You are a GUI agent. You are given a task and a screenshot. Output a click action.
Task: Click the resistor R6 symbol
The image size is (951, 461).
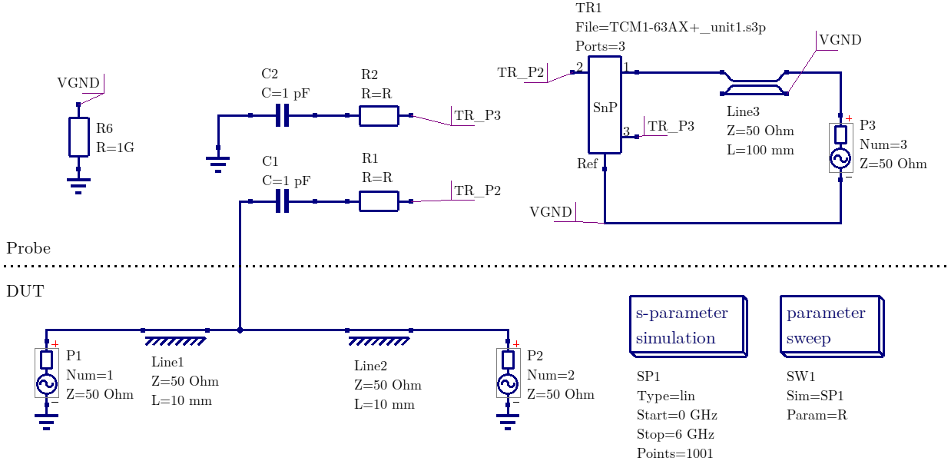click(x=78, y=136)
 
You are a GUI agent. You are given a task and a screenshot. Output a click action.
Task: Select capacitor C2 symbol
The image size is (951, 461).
click(x=283, y=116)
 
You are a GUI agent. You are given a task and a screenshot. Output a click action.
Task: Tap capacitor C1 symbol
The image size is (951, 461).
click(x=283, y=202)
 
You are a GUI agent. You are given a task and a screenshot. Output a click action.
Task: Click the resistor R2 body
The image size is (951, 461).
click(x=379, y=116)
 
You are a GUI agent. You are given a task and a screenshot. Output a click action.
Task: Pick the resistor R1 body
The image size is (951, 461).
click(x=379, y=202)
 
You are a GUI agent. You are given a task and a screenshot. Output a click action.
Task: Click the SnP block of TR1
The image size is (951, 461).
click(x=605, y=104)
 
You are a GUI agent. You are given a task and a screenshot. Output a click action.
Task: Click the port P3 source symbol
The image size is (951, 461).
click(x=841, y=148)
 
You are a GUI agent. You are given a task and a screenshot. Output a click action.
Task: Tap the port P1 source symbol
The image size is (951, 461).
click(x=47, y=373)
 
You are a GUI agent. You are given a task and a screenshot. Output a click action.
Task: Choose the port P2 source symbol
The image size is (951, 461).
click(x=508, y=373)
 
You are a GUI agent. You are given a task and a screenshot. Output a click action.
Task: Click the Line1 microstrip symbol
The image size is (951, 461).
click(x=175, y=334)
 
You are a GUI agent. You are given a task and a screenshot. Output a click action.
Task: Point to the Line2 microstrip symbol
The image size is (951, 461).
click(x=379, y=334)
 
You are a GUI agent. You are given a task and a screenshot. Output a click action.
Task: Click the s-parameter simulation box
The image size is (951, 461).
click(x=686, y=325)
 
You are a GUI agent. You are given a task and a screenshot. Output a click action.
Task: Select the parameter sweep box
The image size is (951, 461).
click(x=830, y=325)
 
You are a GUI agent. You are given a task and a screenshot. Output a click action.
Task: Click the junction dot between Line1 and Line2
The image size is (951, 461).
click(x=240, y=330)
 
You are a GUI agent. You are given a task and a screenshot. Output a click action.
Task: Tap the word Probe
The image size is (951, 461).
click(x=28, y=248)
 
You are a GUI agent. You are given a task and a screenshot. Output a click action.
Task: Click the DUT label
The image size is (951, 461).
click(x=25, y=291)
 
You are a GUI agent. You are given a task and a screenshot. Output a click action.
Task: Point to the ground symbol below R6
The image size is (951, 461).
click(x=78, y=184)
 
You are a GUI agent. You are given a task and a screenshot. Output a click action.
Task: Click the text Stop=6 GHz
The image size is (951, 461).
click(x=675, y=434)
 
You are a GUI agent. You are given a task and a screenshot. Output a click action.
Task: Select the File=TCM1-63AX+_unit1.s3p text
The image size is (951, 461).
click(x=671, y=27)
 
